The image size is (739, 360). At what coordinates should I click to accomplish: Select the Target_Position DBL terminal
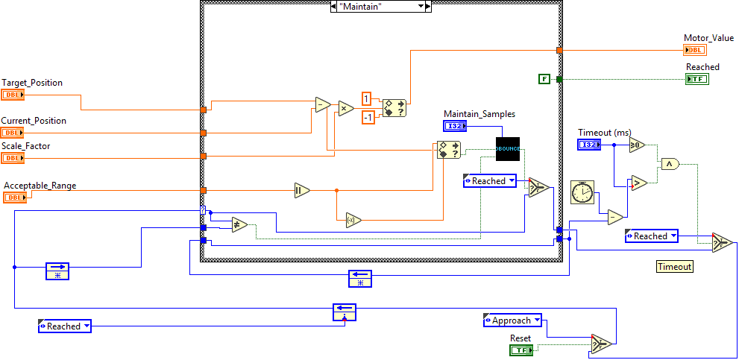coord(13,95)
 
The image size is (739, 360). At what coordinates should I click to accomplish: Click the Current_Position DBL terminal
coord(13,133)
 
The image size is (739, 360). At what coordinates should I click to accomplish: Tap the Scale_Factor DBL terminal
coord(13,158)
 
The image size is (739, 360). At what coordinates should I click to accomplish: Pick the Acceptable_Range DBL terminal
coord(15,198)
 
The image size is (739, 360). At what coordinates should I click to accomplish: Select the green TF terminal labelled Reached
coord(697,78)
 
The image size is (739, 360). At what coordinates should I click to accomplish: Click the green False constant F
coord(544,78)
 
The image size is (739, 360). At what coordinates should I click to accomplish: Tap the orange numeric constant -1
coord(368,117)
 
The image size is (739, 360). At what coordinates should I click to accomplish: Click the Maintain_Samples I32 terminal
coord(455,126)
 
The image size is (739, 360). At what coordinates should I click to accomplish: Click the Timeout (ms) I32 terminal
coord(589,144)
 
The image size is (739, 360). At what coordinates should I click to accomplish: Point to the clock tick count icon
coord(582,192)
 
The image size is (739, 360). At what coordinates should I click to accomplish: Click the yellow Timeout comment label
coord(674,266)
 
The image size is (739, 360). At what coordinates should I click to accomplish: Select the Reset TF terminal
coord(521,350)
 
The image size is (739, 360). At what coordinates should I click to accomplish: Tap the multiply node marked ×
coord(346,108)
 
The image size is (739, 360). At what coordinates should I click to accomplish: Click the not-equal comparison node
coord(239,225)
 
